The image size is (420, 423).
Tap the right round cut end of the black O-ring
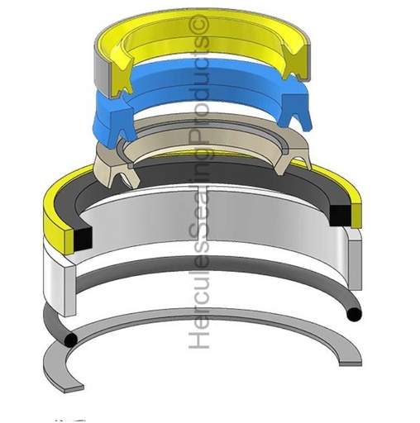(354, 314)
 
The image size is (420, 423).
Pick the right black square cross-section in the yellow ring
(340, 215)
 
